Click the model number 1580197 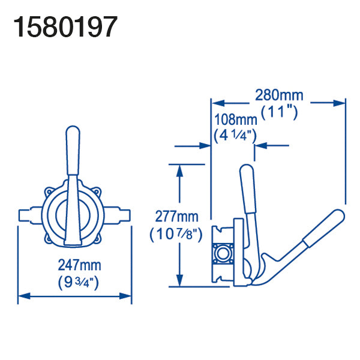click(65, 27)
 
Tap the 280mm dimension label click(279, 95)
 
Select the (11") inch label click(280, 113)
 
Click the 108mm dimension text click(236, 119)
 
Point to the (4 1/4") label click(235, 136)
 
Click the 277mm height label click(176, 216)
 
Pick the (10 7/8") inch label click(176, 235)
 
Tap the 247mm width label click(79, 265)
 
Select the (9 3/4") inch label click(79, 282)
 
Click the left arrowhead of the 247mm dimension click(24, 296)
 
